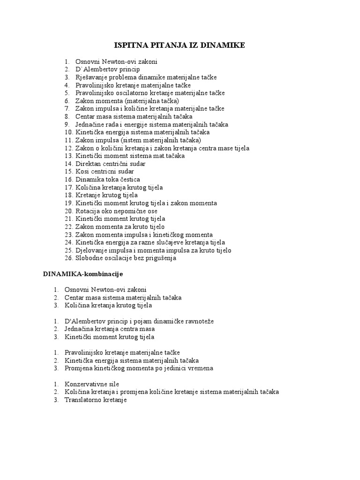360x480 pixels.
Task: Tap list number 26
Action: pyautogui.click(x=68, y=258)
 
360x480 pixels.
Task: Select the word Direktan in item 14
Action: pyautogui.click(x=88, y=164)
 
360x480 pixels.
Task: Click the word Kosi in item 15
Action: pyautogui.click(x=82, y=172)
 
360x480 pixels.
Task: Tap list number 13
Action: pyautogui.click(x=68, y=156)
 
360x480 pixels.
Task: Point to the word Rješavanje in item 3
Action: pyautogui.click(x=90, y=77)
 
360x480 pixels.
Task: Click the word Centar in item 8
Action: pyautogui.click(x=85, y=116)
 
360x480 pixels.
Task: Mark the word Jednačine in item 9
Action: pyautogui.click(x=89, y=124)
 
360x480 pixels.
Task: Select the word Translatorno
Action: pyautogui.click(x=83, y=400)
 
